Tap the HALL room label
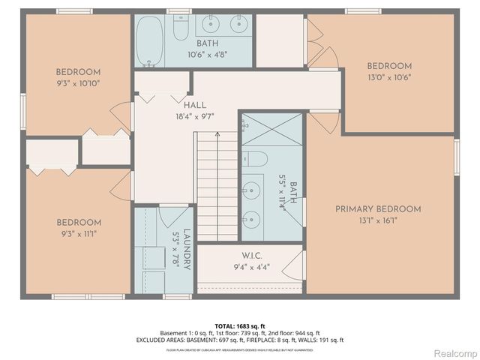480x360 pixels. coord(194,106)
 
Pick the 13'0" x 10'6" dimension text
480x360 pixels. coord(388,76)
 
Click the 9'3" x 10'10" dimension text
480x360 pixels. coord(78,84)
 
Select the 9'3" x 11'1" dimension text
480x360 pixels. coord(78,233)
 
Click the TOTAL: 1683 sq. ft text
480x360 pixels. coord(240,325)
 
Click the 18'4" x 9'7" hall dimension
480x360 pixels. coord(194,116)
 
